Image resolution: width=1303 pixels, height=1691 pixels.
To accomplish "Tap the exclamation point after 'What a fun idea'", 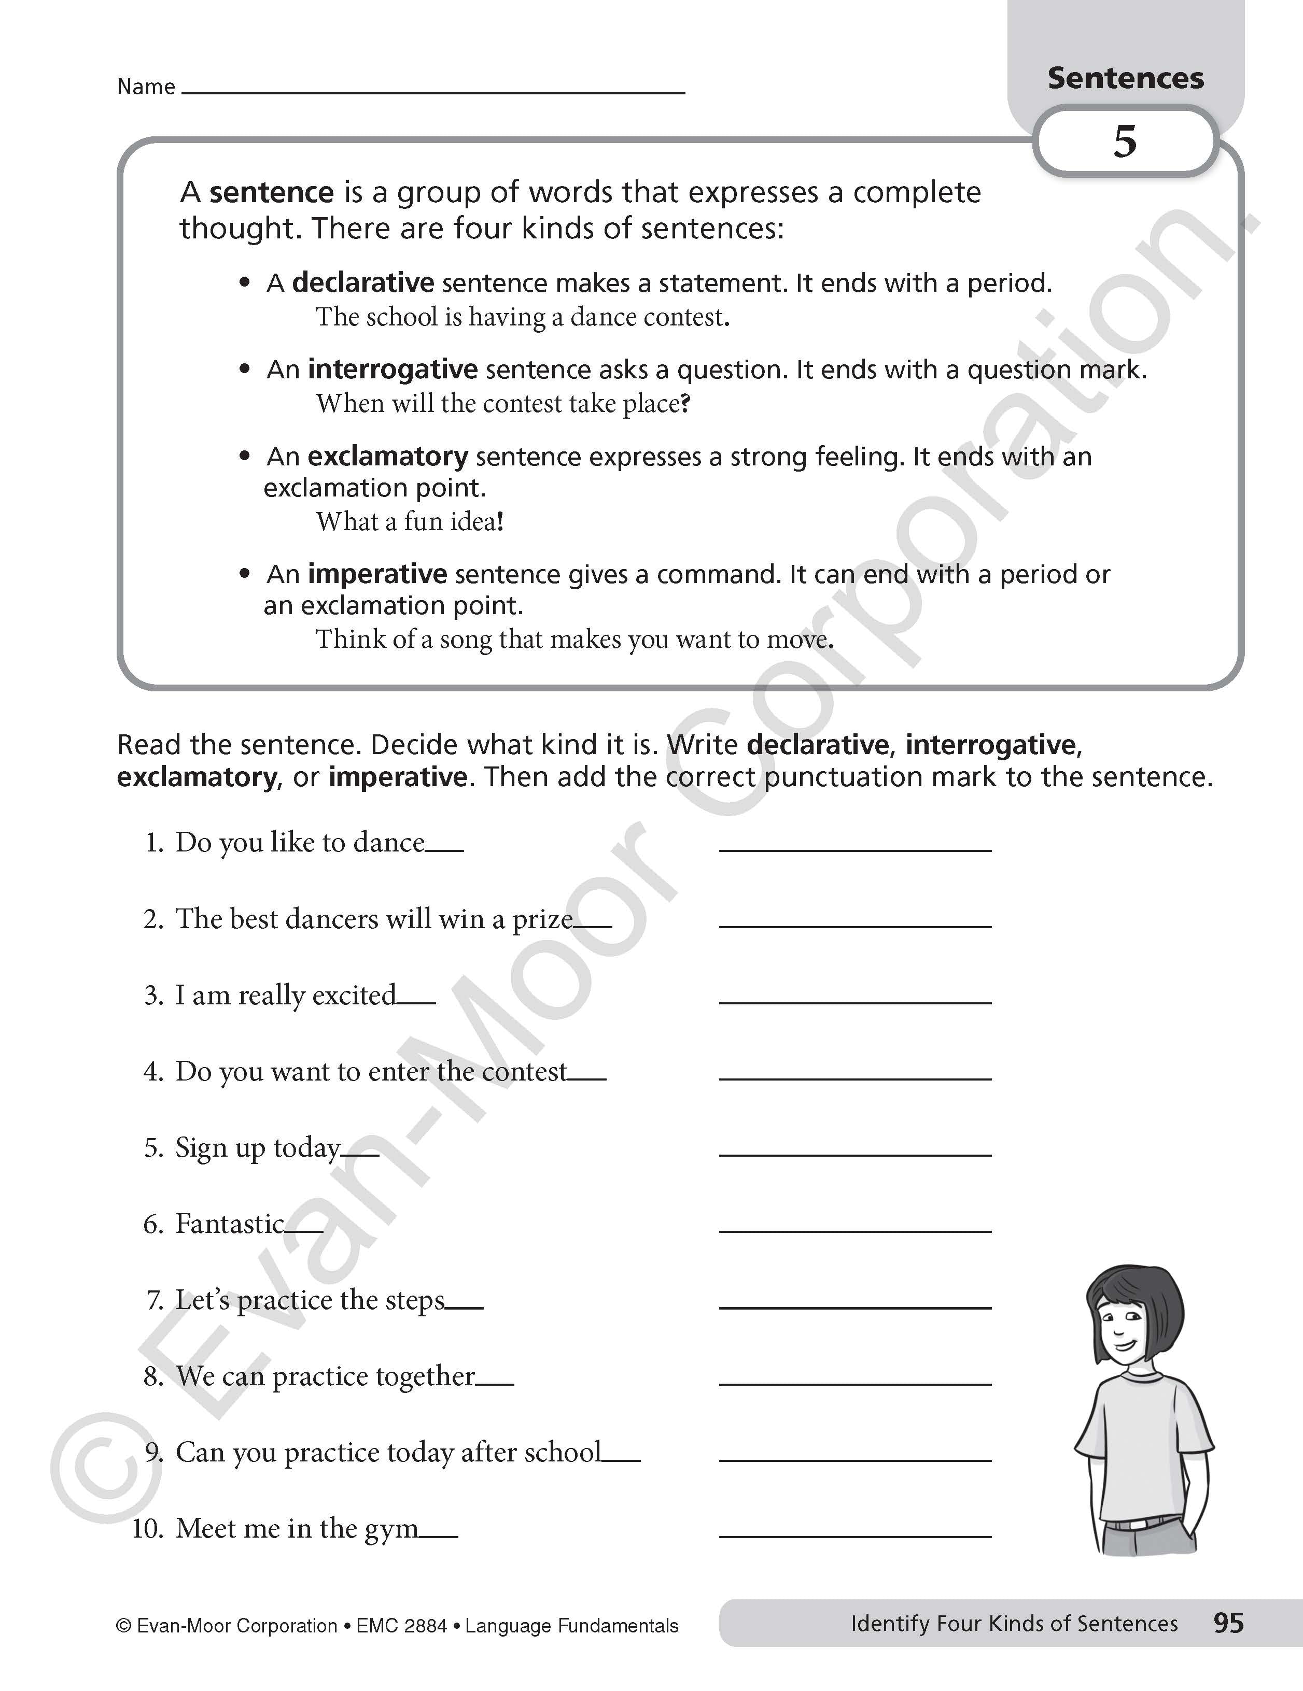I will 500,521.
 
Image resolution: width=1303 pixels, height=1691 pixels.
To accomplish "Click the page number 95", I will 1228,1622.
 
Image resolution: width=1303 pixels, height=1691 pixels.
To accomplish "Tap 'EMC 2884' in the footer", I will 401,1625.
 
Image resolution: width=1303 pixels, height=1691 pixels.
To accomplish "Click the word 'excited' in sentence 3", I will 355,996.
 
